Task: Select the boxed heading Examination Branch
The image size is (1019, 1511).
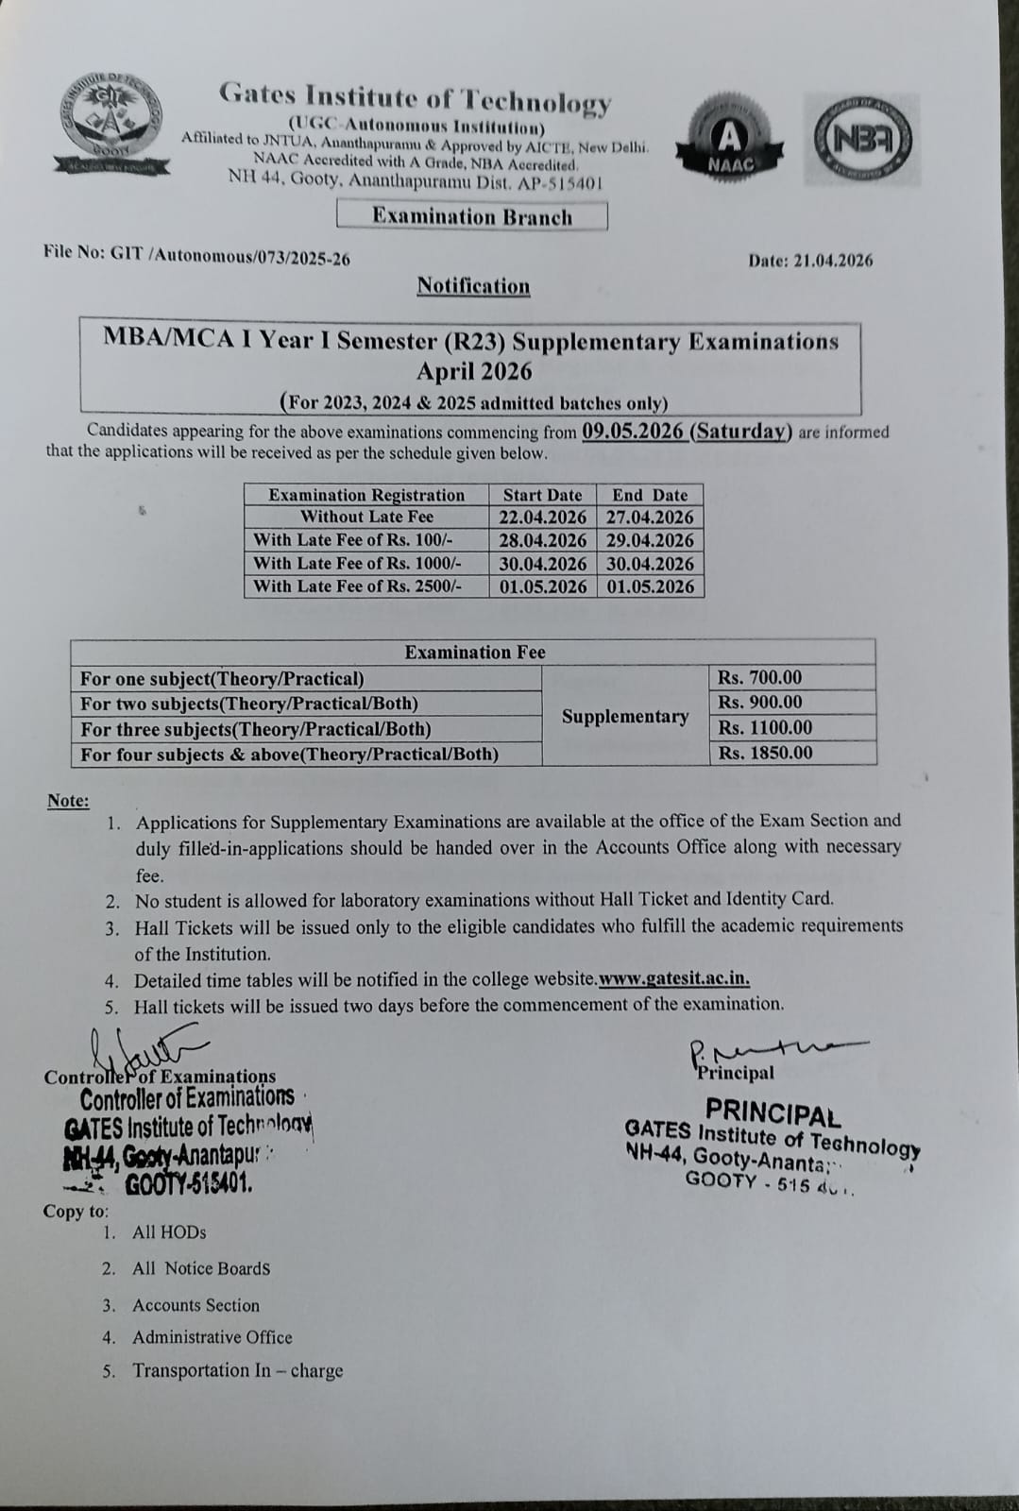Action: [x=471, y=216]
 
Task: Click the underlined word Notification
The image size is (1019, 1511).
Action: [x=473, y=286]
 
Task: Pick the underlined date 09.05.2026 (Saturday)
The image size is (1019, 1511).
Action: [x=687, y=432]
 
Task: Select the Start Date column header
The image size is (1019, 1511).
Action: [x=542, y=495]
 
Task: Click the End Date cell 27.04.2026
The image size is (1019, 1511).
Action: [x=650, y=518]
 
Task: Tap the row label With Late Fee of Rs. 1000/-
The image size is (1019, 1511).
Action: [x=357, y=564]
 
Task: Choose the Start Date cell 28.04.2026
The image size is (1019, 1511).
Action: [x=543, y=541]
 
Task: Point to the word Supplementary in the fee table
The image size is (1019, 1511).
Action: [x=625, y=716]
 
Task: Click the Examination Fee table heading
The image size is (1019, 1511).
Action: [x=475, y=652]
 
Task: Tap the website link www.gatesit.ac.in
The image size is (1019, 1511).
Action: [x=674, y=979]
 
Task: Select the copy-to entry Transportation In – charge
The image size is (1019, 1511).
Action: [x=237, y=1370]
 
